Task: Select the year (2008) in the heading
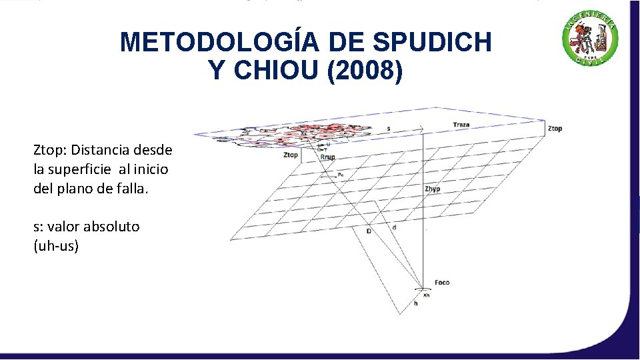pos(365,70)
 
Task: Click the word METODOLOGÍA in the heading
pos(221,43)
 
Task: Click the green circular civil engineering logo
pos(590,39)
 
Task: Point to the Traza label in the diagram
pos(461,125)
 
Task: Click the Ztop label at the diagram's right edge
pos(554,129)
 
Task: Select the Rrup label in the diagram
pos(327,157)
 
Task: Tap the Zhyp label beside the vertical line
pos(432,189)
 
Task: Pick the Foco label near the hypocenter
pos(441,283)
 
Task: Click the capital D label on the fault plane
pos(369,231)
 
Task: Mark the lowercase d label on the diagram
pos(394,227)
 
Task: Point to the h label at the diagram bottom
pos(415,304)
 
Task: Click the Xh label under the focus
pos(427,295)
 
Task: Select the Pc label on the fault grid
pos(341,175)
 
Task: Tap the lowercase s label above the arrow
pos(389,128)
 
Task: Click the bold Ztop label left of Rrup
pos(291,155)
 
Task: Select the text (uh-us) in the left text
pos(56,246)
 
